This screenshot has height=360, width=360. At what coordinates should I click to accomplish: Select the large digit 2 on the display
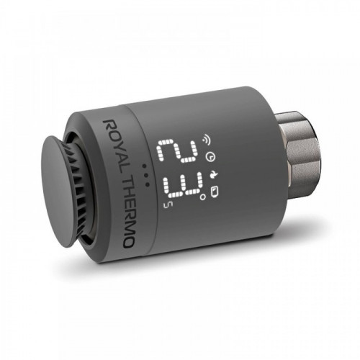coord(177,150)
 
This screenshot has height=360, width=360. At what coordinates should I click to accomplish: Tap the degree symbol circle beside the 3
coord(203,197)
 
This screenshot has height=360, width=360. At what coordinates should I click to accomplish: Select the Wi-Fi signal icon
coord(206,139)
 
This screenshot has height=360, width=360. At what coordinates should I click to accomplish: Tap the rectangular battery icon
coord(215,192)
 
